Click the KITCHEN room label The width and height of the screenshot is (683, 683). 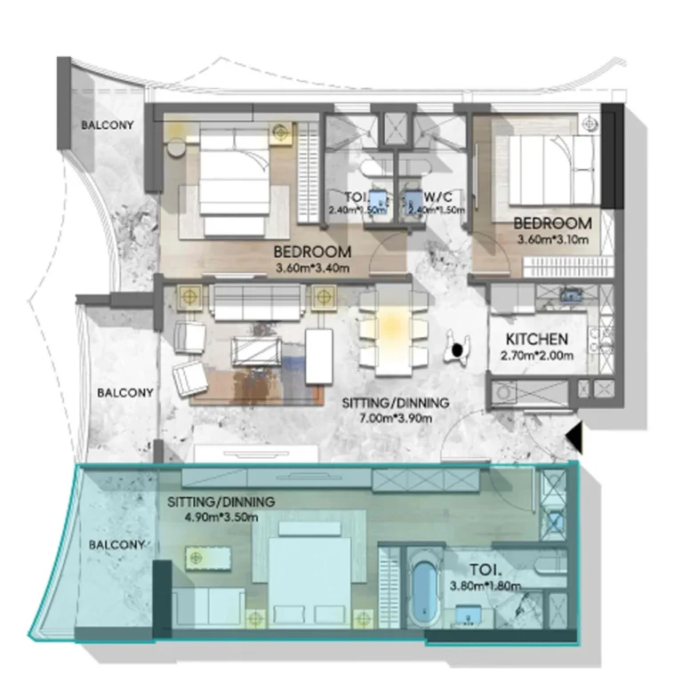536,340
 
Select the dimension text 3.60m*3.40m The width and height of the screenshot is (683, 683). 311,267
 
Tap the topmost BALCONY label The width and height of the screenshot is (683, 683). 108,125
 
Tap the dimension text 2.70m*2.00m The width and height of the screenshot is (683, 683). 536,356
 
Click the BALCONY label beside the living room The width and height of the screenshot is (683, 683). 125,392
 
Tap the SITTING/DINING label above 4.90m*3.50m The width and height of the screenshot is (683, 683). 221,502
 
